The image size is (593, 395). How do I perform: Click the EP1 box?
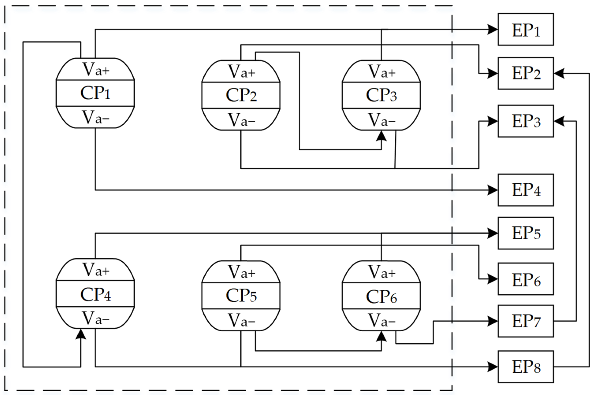click(x=526, y=30)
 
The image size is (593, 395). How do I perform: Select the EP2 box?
click(x=526, y=73)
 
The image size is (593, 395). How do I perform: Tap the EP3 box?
click(x=526, y=121)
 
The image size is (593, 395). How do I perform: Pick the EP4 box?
click(x=526, y=190)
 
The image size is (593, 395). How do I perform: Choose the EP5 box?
click(x=526, y=233)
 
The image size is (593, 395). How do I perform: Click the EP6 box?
click(x=526, y=279)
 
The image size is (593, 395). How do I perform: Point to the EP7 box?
click(x=526, y=321)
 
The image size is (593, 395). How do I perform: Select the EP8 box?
click(x=526, y=367)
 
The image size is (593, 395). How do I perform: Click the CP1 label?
click(x=95, y=93)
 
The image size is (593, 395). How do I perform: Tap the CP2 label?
click(x=241, y=95)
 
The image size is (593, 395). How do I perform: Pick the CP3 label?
click(x=381, y=95)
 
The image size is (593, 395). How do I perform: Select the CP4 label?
click(x=95, y=294)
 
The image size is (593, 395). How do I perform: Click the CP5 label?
click(x=241, y=295)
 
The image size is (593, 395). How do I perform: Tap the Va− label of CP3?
click(x=381, y=120)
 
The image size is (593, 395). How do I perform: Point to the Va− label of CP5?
click(x=241, y=320)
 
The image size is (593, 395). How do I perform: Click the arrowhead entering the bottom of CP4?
click(x=81, y=334)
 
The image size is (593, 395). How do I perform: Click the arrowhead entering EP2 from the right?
click(x=559, y=74)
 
